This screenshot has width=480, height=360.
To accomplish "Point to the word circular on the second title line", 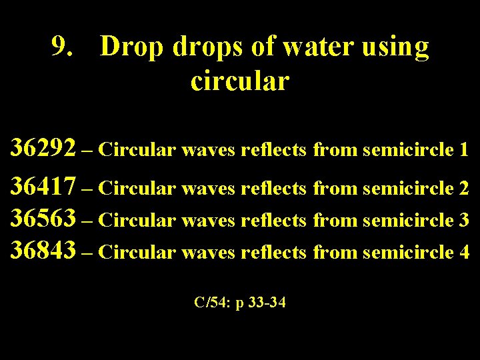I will point(239,81).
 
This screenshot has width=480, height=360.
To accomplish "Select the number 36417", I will point(43,187).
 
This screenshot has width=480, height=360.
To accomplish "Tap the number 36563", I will point(43,219).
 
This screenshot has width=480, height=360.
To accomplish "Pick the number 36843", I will point(43,252).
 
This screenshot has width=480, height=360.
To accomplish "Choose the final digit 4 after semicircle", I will point(464,253).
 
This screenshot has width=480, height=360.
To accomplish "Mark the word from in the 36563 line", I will point(335,220).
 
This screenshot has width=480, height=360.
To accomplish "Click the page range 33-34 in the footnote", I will point(266,303).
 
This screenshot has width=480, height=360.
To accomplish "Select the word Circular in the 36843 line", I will point(140,253).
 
